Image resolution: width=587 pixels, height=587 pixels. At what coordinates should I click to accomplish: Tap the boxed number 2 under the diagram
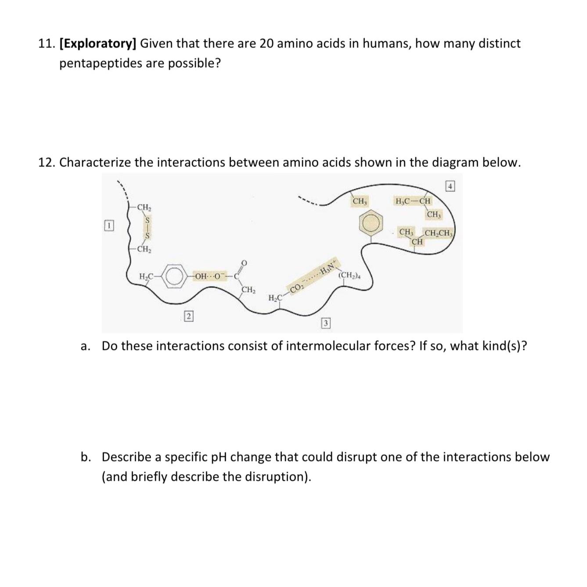click(x=188, y=316)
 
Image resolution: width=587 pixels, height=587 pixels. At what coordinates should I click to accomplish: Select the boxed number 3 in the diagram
click(x=325, y=324)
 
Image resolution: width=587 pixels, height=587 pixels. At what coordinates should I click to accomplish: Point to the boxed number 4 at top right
click(x=451, y=186)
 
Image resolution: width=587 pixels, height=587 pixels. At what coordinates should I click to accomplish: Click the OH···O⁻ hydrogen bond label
click(x=209, y=277)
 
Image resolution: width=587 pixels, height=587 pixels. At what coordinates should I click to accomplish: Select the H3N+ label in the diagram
click(x=328, y=267)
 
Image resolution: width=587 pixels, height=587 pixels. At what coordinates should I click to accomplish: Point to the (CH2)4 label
click(x=349, y=276)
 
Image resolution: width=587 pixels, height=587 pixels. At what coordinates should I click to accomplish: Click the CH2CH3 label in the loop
click(x=439, y=233)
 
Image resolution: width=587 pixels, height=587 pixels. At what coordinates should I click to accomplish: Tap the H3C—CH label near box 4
click(x=413, y=201)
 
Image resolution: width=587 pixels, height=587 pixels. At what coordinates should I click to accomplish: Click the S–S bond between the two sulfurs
click(x=148, y=228)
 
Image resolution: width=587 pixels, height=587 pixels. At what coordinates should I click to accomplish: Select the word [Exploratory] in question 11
click(x=97, y=43)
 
